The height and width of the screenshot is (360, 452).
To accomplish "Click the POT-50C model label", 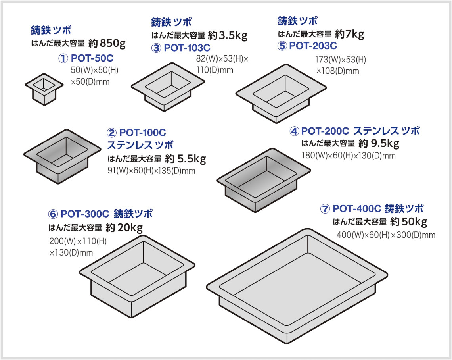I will tap(92, 59).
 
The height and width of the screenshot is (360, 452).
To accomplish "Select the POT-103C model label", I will tap(187, 48).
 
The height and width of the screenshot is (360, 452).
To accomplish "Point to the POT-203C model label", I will tap(313, 46).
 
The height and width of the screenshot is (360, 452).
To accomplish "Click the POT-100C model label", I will tap(142, 132).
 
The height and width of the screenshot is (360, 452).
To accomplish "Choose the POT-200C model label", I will tap(326, 131).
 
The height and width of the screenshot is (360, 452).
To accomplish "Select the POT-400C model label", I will tap(357, 208).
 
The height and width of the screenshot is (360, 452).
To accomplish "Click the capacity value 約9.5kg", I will tap(379, 143).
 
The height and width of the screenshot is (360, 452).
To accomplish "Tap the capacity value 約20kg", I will tap(124, 227).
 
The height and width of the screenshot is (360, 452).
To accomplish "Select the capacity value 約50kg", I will tap(408, 221).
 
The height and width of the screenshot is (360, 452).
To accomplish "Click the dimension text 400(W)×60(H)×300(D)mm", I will tap(386, 235).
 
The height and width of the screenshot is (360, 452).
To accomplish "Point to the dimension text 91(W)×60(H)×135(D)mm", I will tap(152, 171).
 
